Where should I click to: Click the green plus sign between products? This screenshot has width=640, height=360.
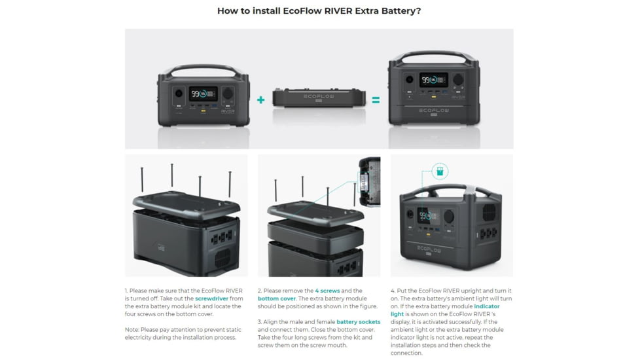pyautogui.click(x=260, y=100)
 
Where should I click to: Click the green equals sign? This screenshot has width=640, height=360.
pyautogui.click(x=376, y=100)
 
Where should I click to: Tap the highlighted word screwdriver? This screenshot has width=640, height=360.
pyautogui.click(x=212, y=298)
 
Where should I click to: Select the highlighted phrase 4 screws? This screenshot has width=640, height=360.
pyautogui.click(x=326, y=291)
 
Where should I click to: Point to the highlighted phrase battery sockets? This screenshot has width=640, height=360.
pyautogui.click(x=358, y=322)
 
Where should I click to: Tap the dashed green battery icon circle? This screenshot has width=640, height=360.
pyautogui.click(x=440, y=172)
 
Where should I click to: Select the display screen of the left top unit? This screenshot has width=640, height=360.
pyautogui.click(x=204, y=94)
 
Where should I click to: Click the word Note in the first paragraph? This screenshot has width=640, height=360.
pyautogui.click(x=132, y=330)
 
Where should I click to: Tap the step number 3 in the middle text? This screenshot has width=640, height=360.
pyautogui.click(x=260, y=322)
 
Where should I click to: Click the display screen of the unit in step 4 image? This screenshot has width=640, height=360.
pyautogui.click(x=428, y=216)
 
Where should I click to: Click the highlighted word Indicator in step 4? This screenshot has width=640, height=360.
pyautogui.click(x=487, y=306)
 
